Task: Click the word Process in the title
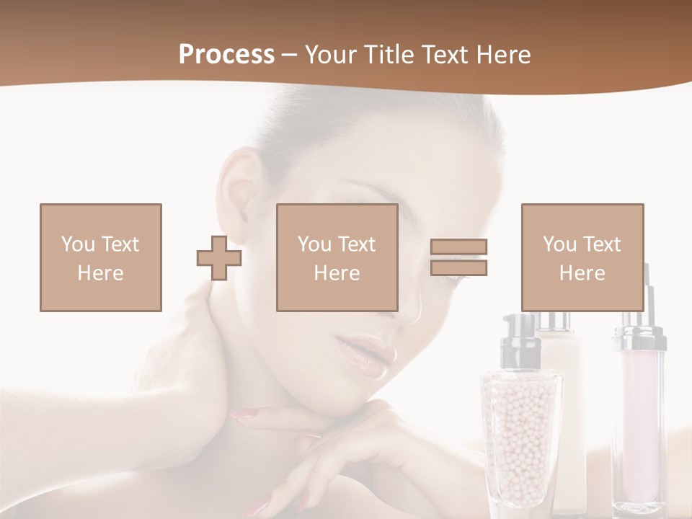[x=226, y=55]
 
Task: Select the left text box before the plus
[x=101, y=257]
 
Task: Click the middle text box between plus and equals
[x=337, y=257]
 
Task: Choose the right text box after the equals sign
[x=582, y=257]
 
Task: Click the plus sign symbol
[x=219, y=258]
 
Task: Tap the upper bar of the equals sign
[x=458, y=247]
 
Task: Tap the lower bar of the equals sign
[x=458, y=267]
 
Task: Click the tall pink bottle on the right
[x=639, y=418]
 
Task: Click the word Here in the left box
[x=100, y=273]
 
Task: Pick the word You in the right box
[x=559, y=244]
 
